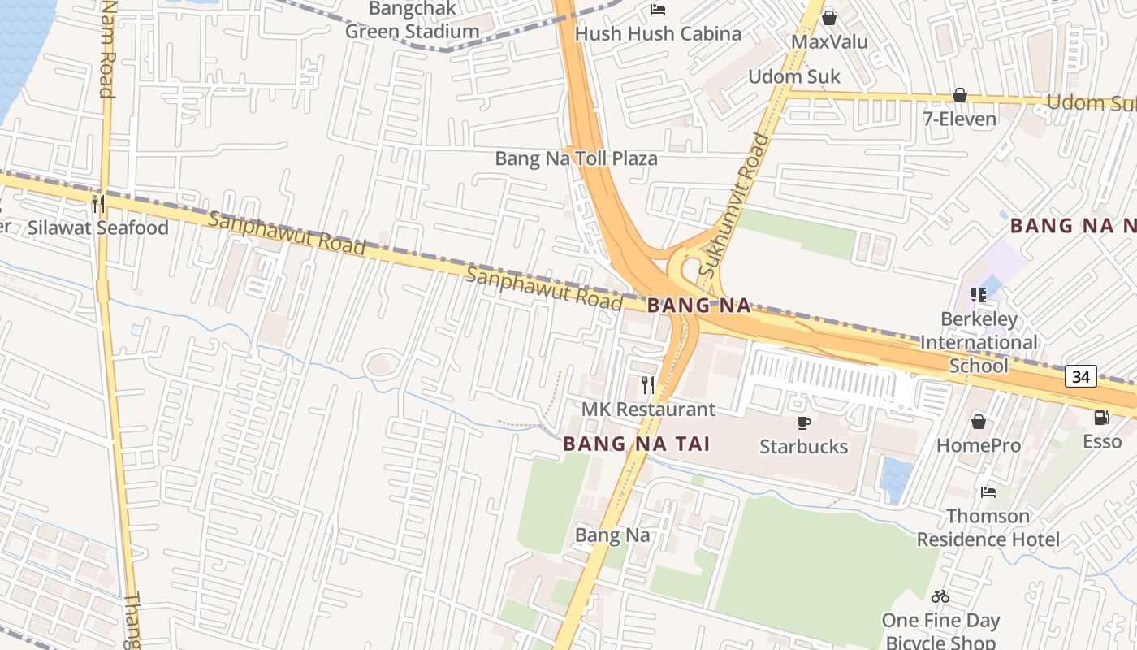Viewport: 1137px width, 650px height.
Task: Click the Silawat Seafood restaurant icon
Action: pyautogui.click(x=97, y=203)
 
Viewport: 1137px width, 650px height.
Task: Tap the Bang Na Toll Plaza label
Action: pyautogui.click(x=576, y=158)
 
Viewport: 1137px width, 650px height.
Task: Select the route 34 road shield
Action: pyautogui.click(x=1081, y=376)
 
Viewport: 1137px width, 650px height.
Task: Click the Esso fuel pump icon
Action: pyautogui.click(x=1102, y=418)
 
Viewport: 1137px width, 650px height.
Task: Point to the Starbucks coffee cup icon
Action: pyautogui.click(x=803, y=422)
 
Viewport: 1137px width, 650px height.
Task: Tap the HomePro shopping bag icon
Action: pyautogui.click(x=978, y=422)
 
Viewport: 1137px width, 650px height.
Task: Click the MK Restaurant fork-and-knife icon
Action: pyautogui.click(x=647, y=384)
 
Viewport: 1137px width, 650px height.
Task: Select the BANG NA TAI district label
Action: pyautogui.click(x=637, y=444)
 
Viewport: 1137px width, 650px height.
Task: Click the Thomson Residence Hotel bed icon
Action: pyautogui.click(x=988, y=492)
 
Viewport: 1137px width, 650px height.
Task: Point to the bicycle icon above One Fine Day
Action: pyautogui.click(x=940, y=596)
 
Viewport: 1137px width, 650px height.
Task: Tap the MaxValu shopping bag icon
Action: pyautogui.click(x=829, y=17)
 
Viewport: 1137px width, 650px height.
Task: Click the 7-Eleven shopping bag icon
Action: pyautogui.click(x=959, y=95)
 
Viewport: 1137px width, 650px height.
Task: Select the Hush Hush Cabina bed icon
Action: pyautogui.click(x=658, y=10)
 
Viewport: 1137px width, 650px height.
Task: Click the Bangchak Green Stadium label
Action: pyautogui.click(x=413, y=21)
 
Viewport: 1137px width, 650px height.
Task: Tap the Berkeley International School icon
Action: pyautogui.click(x=978, y=295)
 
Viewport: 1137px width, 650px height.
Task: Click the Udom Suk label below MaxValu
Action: pyautogui.click(x=793, y=77)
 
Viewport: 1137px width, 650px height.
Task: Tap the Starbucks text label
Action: pyautogui.click(x=803, y=447)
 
